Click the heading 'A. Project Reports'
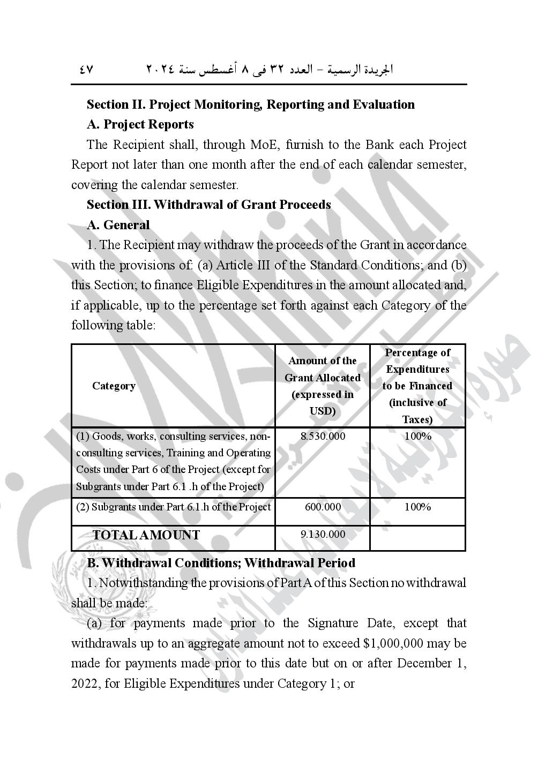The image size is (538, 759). coord(140,124)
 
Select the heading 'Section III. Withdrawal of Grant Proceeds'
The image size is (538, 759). coord(208,205)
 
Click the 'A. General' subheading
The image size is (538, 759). coord(118,225)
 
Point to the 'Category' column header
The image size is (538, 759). coord(114,386)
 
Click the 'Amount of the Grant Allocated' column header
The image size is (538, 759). coord(323,386)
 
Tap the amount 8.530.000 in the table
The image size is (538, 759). coord(323,436)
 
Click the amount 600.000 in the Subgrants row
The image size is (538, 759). coord(323,507)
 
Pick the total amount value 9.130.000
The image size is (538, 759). coord(323,534)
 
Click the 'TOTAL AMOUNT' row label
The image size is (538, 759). coord(146,535)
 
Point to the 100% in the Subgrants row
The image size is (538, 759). coord(417,507)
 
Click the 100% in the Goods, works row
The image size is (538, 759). coord(417,436)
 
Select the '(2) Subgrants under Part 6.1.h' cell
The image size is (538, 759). coord(173,507)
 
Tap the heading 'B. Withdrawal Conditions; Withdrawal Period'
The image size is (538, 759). coord(221,563)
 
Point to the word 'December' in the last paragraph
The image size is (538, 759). coord(423,664)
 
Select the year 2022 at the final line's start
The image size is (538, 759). coord(83,684)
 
